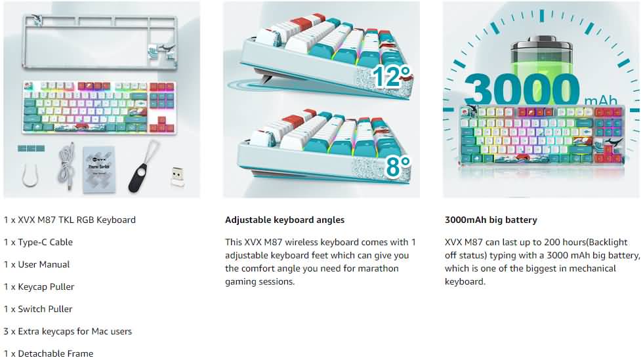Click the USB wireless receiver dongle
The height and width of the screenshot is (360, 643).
pyautogui.click(x=177, y=176)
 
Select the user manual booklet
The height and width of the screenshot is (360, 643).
pyautogui.click(x=99, y=169)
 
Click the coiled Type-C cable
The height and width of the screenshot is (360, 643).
pyautogui.click(x=66, y=167)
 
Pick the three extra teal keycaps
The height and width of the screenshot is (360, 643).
pyautogui.click(x=31, y=148)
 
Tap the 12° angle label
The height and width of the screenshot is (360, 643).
pyautogui.click(x=391, y=76)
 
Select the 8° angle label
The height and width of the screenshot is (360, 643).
pyautogui.click(x=398, y=166)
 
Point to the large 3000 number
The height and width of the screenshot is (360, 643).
pyautogui.click(x=522, y=90)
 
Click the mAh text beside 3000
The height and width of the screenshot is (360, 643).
pyautogui.click(x=601, y=100)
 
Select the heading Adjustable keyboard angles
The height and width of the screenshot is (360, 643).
pyautogui.click(x=285, y=220)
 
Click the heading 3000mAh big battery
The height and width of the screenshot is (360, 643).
pyautogui.click(x=491, y=220)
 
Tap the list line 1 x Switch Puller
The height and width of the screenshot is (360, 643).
pyautogui.click(x=38, y=309)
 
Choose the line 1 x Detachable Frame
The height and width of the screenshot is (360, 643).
pyautogui.click(x=49, y=353)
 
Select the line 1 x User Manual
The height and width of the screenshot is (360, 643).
pyautogui.click(x=37, y=264)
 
